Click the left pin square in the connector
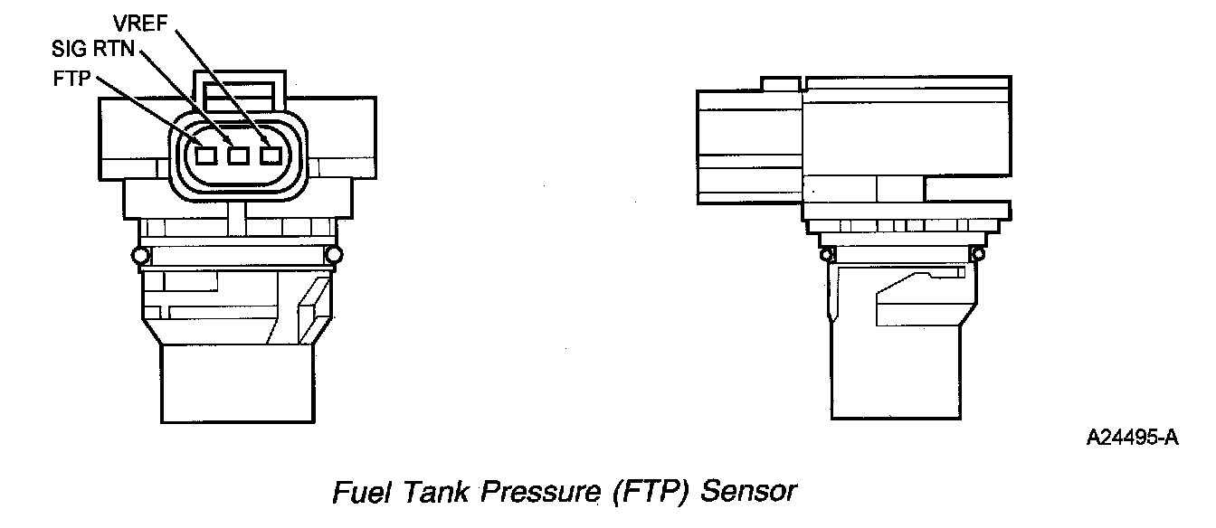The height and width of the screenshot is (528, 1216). coord(206,156)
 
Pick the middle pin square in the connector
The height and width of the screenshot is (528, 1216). coord(238,156)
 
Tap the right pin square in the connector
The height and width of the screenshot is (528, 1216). coord(270,156)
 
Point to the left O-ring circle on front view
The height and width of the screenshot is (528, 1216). coord(139,256)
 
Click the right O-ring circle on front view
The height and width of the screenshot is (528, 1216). coord(334,256)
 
